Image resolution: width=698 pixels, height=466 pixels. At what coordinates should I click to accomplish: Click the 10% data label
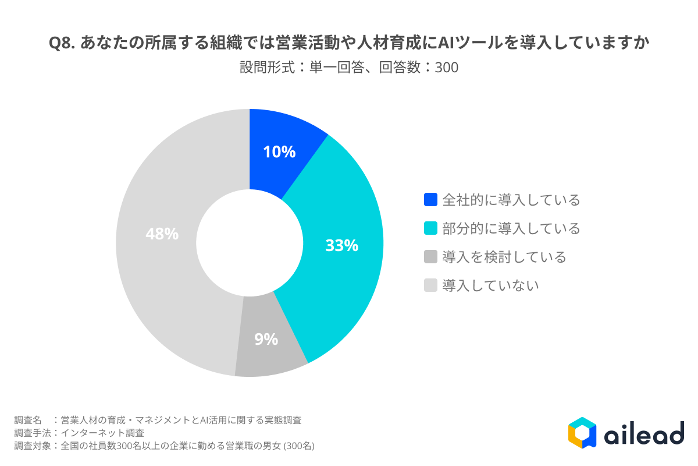click(279, 153)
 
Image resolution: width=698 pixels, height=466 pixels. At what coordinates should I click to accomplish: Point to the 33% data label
click(341, 246)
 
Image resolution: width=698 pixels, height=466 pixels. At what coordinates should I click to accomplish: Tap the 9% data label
click(266, 339)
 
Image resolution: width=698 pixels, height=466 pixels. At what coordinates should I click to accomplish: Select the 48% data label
click(162, 234)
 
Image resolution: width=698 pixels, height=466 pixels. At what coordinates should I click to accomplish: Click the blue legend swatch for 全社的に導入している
click(430, 200)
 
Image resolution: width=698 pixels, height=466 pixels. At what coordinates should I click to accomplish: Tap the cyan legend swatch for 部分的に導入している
click(430, 228)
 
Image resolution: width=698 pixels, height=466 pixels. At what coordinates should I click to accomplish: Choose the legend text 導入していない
click(490, 285)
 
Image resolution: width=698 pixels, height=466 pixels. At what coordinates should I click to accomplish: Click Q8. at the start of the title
click(62, 44)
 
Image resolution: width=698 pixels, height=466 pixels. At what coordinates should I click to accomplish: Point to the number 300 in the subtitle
click(447, 68)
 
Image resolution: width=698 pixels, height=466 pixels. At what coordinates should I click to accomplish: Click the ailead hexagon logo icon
click(582, 433)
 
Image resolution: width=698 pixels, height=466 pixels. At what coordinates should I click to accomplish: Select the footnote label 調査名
click(28, 420)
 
